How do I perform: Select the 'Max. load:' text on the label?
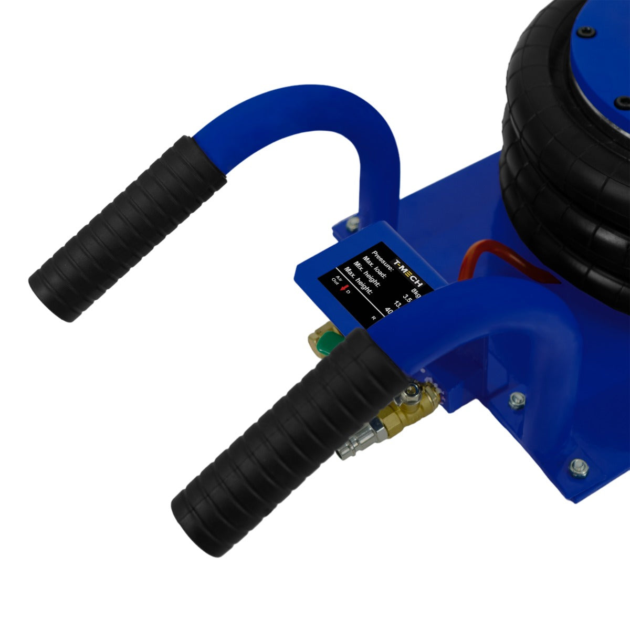coord(374,267)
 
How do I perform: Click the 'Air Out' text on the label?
coord(335,280)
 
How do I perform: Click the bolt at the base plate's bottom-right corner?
coord(579,466)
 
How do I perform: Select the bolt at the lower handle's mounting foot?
coord(517,401)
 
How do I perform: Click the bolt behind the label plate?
coord(353,225)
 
